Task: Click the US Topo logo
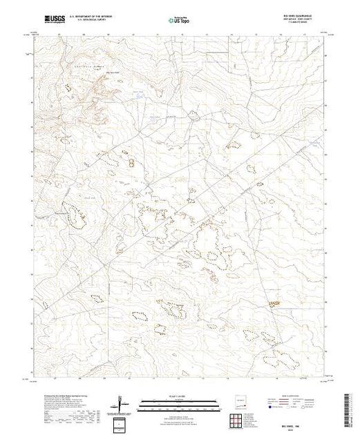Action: click(x=180, y=20)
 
